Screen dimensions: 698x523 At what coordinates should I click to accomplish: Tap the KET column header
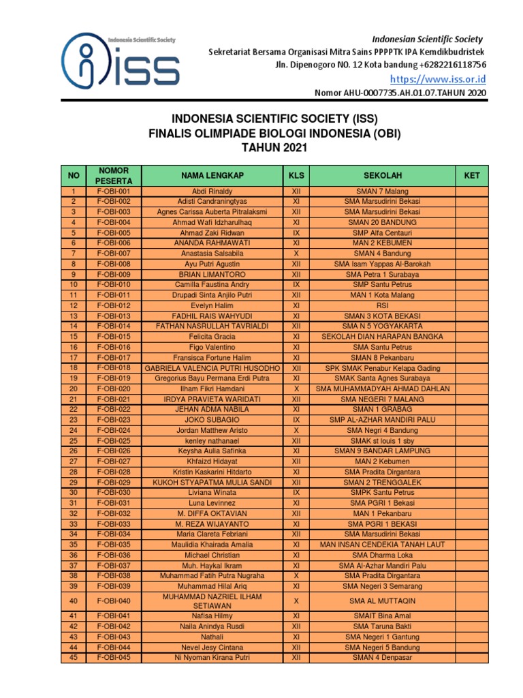[472, 175]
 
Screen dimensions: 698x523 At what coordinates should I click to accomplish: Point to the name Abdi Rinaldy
[212, 192]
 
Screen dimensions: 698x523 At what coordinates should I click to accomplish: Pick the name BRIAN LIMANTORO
[212, 275]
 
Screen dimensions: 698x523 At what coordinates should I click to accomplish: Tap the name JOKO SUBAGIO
[212, 420]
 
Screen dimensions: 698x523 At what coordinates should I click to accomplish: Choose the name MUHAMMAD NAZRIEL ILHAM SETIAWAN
[212, 601]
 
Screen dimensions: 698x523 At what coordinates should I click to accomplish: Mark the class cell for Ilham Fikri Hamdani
[296, 389]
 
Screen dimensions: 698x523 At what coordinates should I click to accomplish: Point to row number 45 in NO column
[74, 658]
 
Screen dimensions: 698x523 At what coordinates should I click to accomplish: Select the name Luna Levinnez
[212, 503]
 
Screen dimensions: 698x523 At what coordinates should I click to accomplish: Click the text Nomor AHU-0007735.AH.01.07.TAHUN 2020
[400, 93]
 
